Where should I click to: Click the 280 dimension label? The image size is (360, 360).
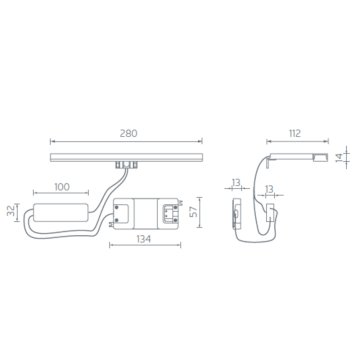[x=128, y=134]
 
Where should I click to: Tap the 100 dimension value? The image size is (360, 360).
[x=62, y=187]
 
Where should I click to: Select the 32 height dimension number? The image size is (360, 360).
[x=11, y=211]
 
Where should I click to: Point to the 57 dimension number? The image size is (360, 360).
[x=193, y=212]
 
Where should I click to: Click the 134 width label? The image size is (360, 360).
[x=145, y=239]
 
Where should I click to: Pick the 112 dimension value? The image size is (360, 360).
[x=295, y=133]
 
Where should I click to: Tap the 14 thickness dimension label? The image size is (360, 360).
[x=339, y=157]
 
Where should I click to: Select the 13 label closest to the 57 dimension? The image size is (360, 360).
[x=236, y=183]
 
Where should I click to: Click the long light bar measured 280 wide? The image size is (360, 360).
[x=126, y=157]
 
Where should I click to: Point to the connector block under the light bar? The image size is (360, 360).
[x=126, y=164]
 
